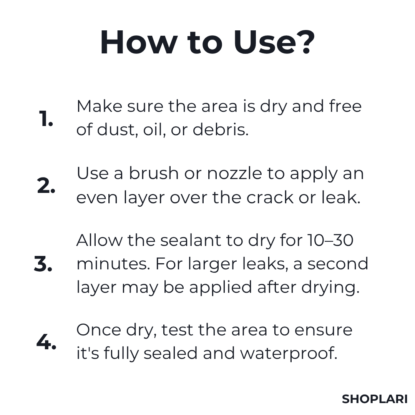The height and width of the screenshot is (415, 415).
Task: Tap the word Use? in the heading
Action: point(274,42)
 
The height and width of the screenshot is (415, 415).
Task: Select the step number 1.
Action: point(46,120)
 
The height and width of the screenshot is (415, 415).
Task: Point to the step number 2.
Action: point(46,186)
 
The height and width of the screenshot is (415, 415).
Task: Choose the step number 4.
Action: point(46,342)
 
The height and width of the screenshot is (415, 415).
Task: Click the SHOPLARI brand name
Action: point(375,399)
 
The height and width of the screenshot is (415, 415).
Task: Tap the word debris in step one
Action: point(220,129)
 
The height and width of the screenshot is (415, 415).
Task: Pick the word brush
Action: point(154,173)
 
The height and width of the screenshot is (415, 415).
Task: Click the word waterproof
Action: point(289,354)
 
